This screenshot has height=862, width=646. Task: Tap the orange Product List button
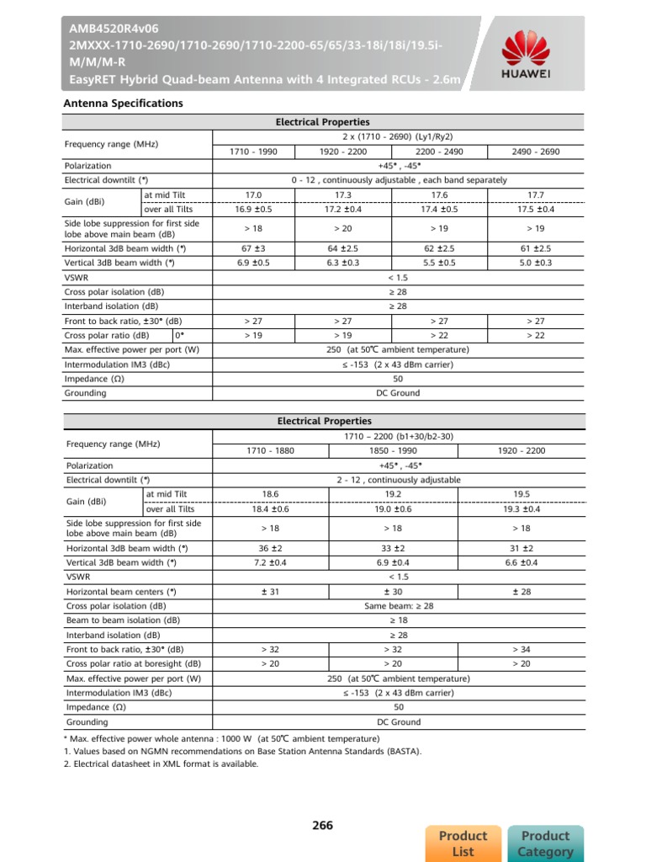coord(463,843)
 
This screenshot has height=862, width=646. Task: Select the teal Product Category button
coord(545,843)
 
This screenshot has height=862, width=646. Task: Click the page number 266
coord(323,826)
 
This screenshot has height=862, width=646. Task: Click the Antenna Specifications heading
coord(124,103)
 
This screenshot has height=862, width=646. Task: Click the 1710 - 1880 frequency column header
coord(270,450)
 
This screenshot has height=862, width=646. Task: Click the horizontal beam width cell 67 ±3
coord(253,248)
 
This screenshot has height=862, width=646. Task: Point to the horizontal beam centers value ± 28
coord(521,591)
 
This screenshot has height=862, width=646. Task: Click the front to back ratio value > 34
coord(521,649)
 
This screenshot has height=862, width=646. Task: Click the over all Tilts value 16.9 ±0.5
coord(253,209)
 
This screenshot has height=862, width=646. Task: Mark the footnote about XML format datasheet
coord(161,764)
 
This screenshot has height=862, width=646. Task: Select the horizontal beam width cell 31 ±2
coord(521,547)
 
